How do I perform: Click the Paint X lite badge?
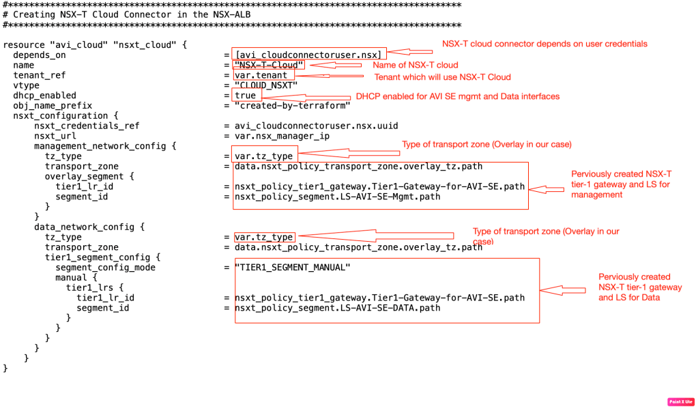click(680, 401)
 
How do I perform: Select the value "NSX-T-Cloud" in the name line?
click(269, 65)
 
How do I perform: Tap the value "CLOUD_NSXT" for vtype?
click(266, 85)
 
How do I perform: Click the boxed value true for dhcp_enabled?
click(245, 96)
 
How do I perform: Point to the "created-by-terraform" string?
click(292, 105)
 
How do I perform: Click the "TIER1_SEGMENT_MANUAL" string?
click(292, 267)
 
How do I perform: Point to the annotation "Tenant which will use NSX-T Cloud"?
click(442, 77)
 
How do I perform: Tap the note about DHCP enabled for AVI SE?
click(457, 97)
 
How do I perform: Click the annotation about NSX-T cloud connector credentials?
click(544, 44)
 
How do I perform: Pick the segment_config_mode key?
click(105, 267)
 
